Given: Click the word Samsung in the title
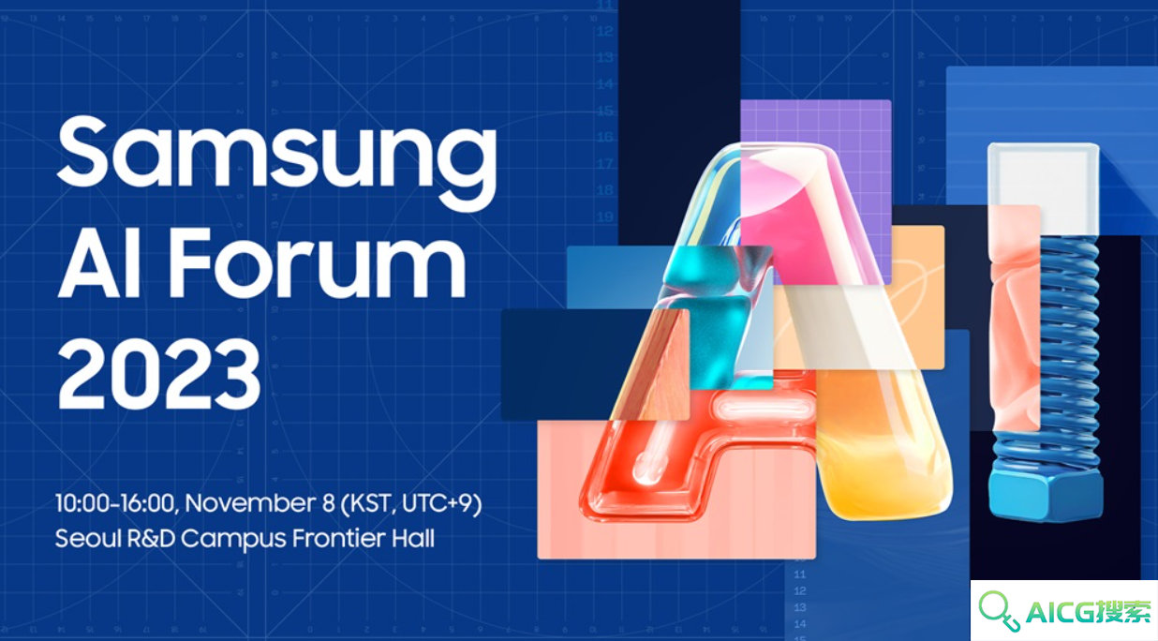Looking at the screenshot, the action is coord(276,161).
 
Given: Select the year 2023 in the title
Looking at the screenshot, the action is coord(158,374).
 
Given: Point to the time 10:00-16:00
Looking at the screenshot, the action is coord(115,503).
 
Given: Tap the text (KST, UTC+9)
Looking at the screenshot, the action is coord(411,503).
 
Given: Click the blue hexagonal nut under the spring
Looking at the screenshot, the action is coord(1046,492).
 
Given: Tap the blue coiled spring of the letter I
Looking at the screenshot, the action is coord(1069,351).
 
